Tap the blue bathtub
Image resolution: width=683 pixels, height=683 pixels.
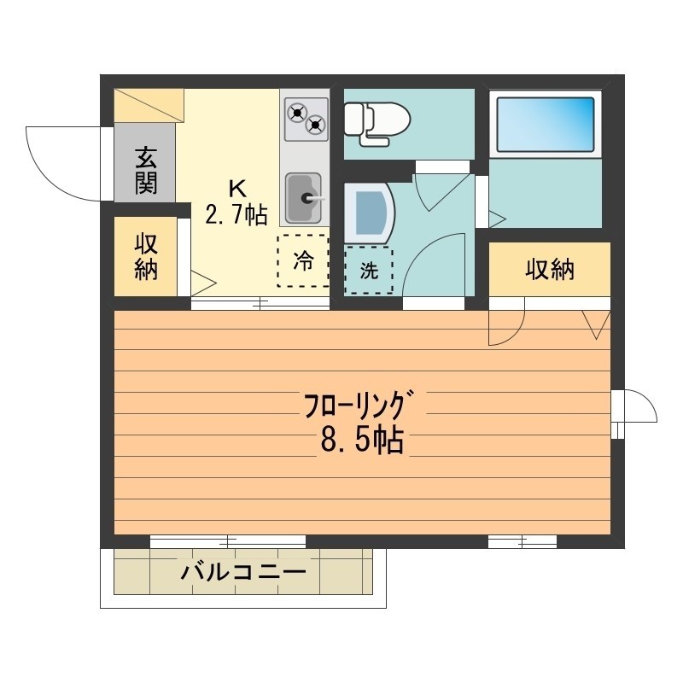click(x=545, y=125)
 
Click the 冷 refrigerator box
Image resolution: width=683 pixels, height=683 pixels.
click(x=301, y=261)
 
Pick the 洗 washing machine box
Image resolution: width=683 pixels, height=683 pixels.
click(x=368, y=270)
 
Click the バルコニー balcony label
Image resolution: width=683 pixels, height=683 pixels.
click(x=242, y=571)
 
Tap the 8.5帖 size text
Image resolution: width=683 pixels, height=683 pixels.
click(x=362, y=441)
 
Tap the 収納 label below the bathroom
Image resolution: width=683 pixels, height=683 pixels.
click(x=549, y=270)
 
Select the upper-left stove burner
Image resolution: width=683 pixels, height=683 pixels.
click(x=296, y=111)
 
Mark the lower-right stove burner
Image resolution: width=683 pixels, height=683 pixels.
click(x=316, y=126)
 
